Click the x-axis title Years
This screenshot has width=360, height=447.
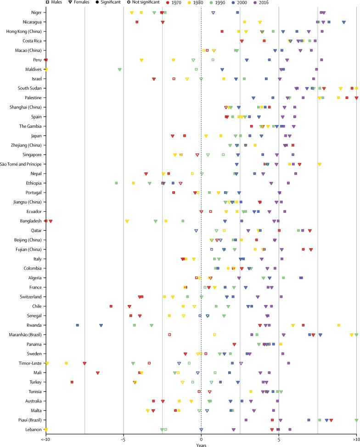point(201,444)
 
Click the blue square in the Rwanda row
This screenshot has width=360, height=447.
point(78,325)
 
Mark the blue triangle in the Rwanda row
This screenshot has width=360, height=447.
point(101,325)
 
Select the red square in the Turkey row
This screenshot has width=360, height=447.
point(72,382)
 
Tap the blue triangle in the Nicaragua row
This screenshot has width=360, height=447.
point(343,22)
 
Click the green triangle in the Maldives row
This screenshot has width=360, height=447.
point(120,69)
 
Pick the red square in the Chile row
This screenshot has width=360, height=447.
point(111,306)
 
